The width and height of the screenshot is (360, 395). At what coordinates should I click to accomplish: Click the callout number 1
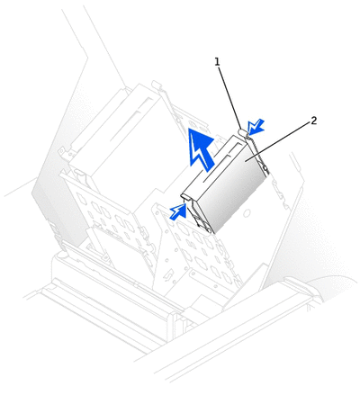tap(217, 62)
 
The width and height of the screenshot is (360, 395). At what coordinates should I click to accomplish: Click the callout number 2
tap(313, 121)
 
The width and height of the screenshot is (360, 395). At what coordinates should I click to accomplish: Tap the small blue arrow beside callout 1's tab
tap(256, 126)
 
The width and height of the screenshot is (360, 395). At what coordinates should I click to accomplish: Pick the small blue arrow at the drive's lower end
tap(178, 211)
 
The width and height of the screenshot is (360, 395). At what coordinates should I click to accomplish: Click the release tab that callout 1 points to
tap(242, 132)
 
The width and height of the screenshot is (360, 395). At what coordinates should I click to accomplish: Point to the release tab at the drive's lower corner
tap(185, 196)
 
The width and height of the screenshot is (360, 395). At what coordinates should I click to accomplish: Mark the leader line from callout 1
tap(230, 98)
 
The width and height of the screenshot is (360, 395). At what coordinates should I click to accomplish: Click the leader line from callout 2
tap(277, 142)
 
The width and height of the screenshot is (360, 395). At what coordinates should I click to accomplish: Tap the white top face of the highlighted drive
tap(214, 167)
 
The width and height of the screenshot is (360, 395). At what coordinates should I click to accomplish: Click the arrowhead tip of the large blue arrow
tap(192, 128)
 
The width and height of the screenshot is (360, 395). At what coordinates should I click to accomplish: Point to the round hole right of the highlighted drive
tap(247, 213)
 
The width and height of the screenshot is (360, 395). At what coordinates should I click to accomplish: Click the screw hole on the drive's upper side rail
tap(265, 167)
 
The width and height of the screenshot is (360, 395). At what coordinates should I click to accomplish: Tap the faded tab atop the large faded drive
tap(157, 85)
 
